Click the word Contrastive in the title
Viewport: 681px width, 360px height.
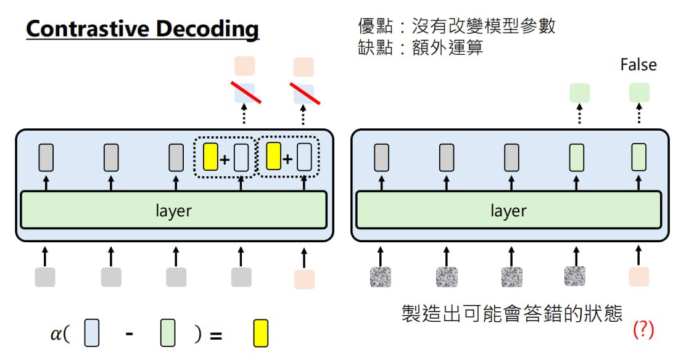88,28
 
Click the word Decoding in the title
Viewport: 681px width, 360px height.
207,30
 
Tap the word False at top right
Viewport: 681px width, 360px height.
638,65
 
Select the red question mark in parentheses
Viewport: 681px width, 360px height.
643,330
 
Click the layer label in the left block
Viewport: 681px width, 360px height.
173,211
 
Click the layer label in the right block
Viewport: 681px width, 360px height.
508,211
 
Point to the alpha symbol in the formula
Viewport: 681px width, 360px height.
57,333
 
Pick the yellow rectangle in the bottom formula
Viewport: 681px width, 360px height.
260,333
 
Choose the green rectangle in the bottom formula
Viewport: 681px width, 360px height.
168,333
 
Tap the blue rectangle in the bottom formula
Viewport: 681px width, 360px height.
92,333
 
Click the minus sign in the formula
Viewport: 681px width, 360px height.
129,334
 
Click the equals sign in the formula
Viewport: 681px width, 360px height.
216,335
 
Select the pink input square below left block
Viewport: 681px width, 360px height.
305,279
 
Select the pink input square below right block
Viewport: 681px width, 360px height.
639,277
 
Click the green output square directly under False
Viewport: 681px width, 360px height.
639,93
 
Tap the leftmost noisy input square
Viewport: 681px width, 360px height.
381,277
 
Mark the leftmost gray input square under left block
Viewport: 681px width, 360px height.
45,277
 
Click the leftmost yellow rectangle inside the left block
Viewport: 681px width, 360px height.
210,157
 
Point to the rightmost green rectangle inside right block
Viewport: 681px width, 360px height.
639,157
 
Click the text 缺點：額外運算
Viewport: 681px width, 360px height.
420,47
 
